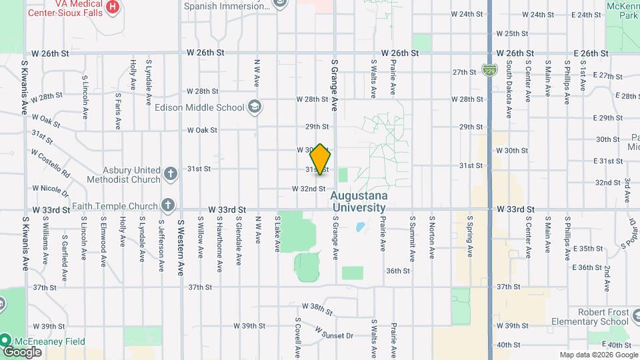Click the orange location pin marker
point(321,159)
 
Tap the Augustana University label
point(358,201)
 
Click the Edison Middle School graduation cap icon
point(254,107)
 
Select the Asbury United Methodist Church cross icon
point(171,174)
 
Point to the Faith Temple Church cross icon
point(167,206)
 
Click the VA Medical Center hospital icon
point(113,7)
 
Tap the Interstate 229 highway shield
point(489,69)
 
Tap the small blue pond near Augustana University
point(360,227)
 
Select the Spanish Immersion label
point(227,5)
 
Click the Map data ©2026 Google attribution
point(597,355)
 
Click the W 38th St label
point(317,308)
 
